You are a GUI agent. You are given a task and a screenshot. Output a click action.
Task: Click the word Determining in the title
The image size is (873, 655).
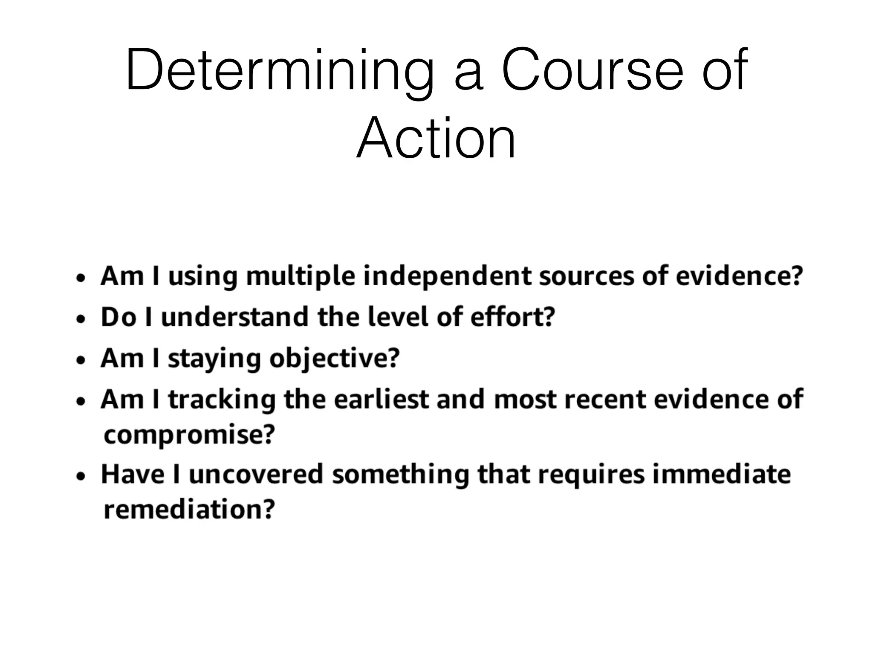pyautogui.click(x=279, y=71)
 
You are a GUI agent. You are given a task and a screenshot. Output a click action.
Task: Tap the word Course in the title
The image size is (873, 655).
pyautogui.click(x=593, y=71)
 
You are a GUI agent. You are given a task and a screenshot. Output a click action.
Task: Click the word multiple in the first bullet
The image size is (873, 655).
pyautogui.click(x=301, y=276)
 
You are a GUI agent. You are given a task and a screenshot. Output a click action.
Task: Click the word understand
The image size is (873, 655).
pyautogui.click(x=235, y=317)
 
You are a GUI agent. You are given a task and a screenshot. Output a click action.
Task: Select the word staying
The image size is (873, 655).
pyautogui.click(x=214, y=359)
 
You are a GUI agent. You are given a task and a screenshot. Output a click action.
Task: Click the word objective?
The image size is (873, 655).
pyautogui.click(x=335, y=359)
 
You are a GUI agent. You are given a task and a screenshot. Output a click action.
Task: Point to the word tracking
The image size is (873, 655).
pyautogui.click(x=222, y=400)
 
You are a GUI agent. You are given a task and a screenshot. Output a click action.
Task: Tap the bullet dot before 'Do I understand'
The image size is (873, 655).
pyautogui.click(x=81, y=319)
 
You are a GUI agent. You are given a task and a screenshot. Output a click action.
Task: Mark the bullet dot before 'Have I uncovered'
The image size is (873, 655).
pyautogui.click(x=81, y=477)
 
